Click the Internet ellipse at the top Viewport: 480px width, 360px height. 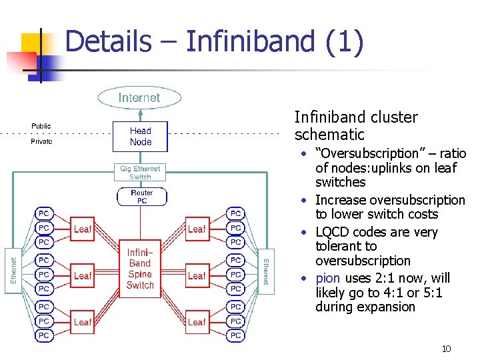point(139,98)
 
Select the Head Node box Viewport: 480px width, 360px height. point(140,137)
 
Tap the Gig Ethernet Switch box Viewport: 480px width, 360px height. point(140,173)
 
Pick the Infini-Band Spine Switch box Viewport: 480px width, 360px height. point(140,269)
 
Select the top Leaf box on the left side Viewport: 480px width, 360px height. point(83,229)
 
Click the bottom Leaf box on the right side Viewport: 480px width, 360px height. point(197,322)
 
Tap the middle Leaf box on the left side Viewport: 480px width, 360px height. point(83,275)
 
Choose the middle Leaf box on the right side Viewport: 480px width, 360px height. point(197,275)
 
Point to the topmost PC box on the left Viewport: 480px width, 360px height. point(44,213)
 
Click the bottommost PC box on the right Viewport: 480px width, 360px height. point(235,335)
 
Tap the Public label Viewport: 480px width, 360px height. point(41,126)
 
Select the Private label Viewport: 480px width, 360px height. point(41,142)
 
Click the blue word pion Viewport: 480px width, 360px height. point(328,278)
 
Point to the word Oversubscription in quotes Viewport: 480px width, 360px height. point(371,154)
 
